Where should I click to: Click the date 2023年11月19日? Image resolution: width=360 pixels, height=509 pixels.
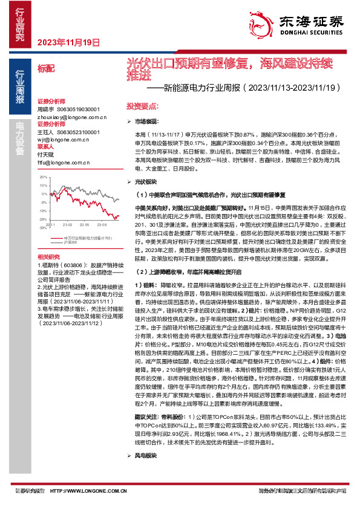(68, 42)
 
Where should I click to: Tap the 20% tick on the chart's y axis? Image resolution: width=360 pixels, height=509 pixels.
(43, 177)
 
